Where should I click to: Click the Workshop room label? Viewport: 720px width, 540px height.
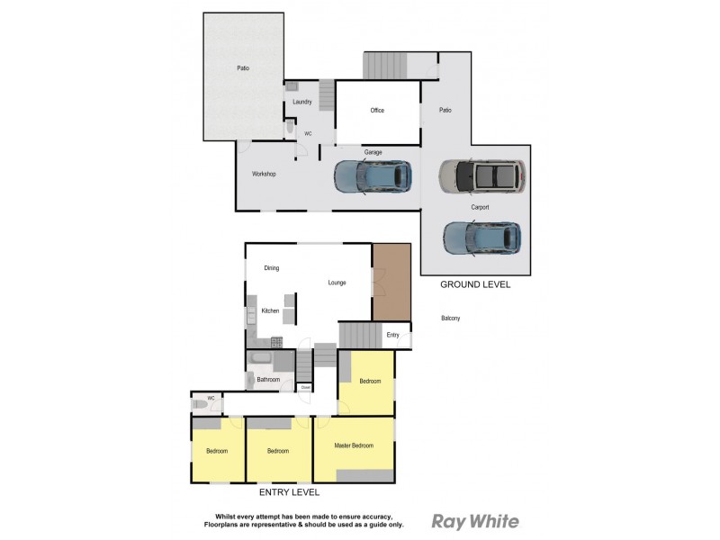click(263, 174)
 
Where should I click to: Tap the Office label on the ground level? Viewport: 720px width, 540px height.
click(377, 111)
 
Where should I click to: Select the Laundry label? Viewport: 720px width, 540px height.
click(301, 103)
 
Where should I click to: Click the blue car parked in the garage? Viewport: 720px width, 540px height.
click(373, 177)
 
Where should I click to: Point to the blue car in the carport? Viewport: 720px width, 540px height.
click(481, 238)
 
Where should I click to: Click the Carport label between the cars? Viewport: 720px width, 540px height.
click(480, 207)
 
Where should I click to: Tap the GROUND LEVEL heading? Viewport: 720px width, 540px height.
click(474, 284)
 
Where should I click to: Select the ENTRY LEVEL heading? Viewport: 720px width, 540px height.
click(289, 492)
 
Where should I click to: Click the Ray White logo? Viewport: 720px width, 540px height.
click(475, 521)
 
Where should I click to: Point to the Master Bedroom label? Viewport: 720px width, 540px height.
click(353, 445)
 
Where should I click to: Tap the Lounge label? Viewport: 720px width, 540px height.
click(337, 283)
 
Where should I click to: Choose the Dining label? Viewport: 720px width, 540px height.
click(272, 268)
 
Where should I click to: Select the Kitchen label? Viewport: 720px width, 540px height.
click(270, 311)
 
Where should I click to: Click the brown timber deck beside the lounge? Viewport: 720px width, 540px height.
click(391, 281)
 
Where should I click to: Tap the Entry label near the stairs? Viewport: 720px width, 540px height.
click(392, 336)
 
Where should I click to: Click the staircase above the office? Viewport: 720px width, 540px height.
click(385, 65)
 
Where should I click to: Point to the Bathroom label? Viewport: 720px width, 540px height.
click(268, 380)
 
